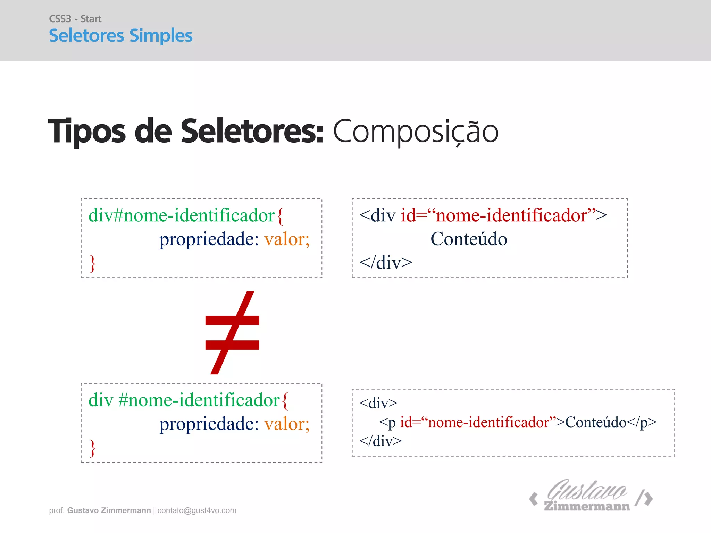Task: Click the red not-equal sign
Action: tap(232, 332)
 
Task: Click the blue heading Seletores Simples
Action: tap(120, 36)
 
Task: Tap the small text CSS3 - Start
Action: tap(75, 19)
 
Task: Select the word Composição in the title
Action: tap(416, 132)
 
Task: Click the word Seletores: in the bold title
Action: tap(252, 132)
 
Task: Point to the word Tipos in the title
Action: tap(87, 132)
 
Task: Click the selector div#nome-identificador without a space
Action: tap(182, 215)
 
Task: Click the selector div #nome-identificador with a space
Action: tap(184, 400)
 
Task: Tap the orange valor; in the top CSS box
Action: tap(287, 239)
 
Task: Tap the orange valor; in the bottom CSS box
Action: tap(287, 424)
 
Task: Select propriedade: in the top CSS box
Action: tap(209, 239)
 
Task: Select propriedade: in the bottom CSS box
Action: tap(209, 424)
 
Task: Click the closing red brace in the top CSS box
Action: tap(92, 263)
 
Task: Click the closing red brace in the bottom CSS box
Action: tap(92, 448)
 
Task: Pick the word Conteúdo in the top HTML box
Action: tap(469, 239)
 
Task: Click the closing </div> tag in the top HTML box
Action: tap(386, 263)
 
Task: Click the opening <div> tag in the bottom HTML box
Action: tap(378, 403)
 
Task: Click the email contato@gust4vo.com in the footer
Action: tap(197, 510)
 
